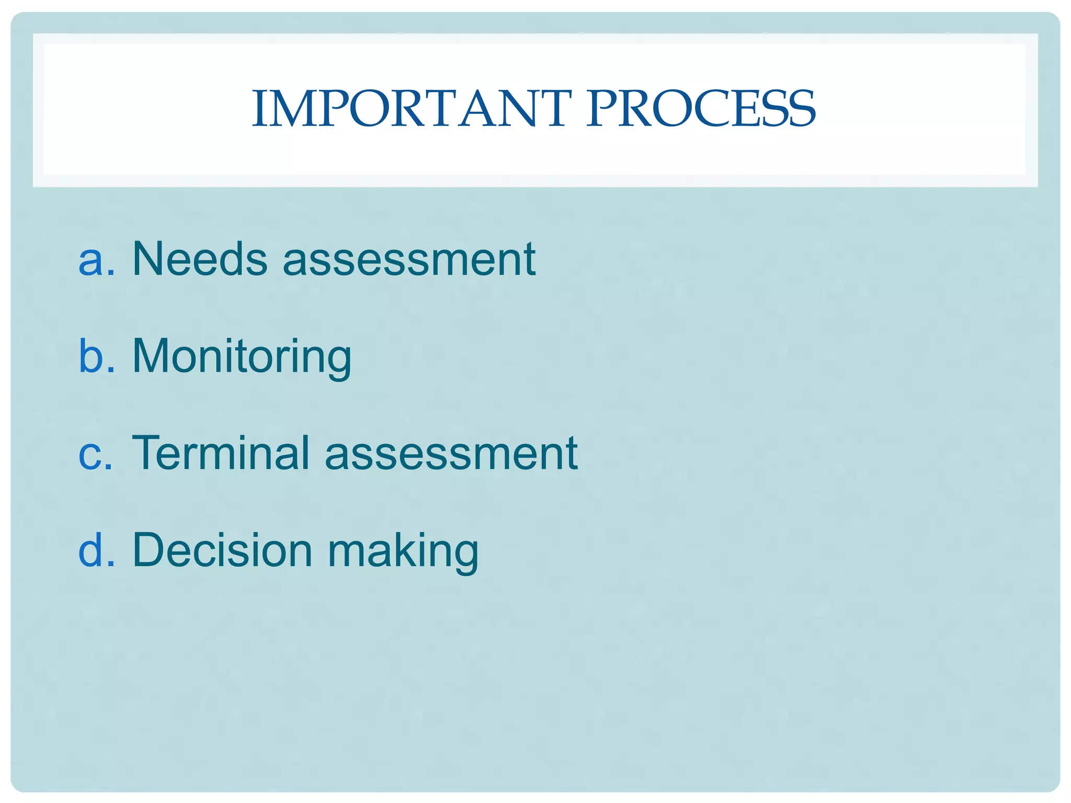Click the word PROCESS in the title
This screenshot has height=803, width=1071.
(x=701, y=109)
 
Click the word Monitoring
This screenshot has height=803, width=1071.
(x=242, y=357)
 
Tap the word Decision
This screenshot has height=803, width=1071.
(x=222, y=550)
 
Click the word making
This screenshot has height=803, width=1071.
(x=403, y=551)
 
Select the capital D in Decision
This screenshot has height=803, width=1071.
(x=149, y=550)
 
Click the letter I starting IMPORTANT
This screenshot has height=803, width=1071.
(x=258, y=109)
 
